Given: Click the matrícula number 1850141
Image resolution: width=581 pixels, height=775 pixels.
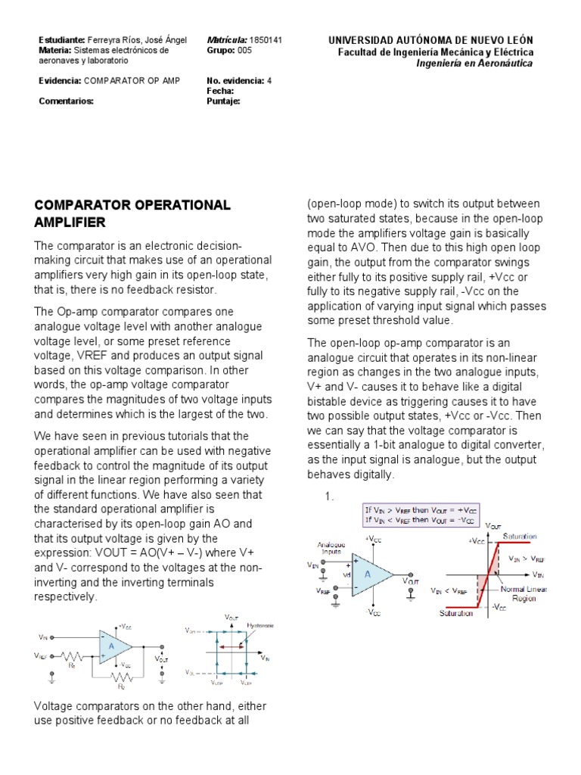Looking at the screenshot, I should click(266, 40).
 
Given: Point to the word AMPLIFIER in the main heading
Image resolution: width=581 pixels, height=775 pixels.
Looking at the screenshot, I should click(70, 222).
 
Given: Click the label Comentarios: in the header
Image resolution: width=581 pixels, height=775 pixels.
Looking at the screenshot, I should click(66, 100).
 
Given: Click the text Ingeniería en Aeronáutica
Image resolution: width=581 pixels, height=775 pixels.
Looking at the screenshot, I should click(474, 64).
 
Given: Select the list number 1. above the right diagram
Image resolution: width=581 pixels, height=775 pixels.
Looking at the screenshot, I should click(329, 496).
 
